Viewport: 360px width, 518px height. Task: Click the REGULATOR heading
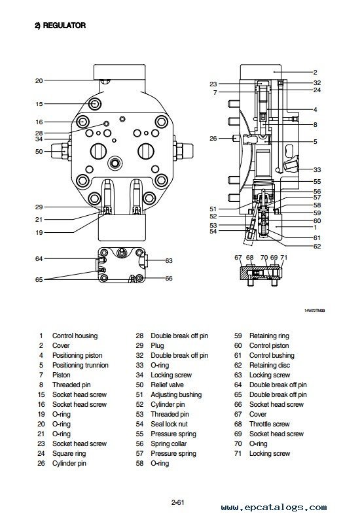60,26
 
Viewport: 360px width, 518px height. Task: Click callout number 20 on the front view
39,80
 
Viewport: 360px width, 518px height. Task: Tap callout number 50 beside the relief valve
39,151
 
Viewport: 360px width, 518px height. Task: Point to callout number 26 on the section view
213,139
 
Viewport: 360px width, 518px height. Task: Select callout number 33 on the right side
317,170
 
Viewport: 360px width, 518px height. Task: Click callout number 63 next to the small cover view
169,261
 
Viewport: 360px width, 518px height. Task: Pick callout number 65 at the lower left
39,279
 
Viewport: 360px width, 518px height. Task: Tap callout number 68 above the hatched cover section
249,257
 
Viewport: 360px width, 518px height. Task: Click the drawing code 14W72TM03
314,311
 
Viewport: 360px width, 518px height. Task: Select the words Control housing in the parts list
75,336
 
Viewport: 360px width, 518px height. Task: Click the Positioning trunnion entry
81,365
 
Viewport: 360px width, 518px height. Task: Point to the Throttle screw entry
270,424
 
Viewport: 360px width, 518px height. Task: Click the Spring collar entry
169,443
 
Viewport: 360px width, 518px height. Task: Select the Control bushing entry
272,355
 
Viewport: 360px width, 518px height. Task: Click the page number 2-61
177,502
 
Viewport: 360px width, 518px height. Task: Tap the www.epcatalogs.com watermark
274,508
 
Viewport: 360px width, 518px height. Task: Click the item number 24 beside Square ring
41,453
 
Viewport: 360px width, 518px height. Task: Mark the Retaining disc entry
270,365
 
